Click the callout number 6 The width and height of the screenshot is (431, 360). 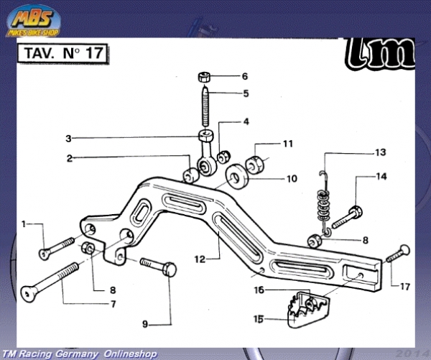tap(244, 76)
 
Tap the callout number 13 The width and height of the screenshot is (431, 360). tap(381, 152)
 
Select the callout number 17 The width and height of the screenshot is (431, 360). tap(405, 286)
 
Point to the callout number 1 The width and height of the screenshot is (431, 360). tap(23, 224)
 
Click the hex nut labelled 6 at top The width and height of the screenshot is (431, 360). tap(204, 76)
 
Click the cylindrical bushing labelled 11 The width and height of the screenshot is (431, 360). tap(258, 162)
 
